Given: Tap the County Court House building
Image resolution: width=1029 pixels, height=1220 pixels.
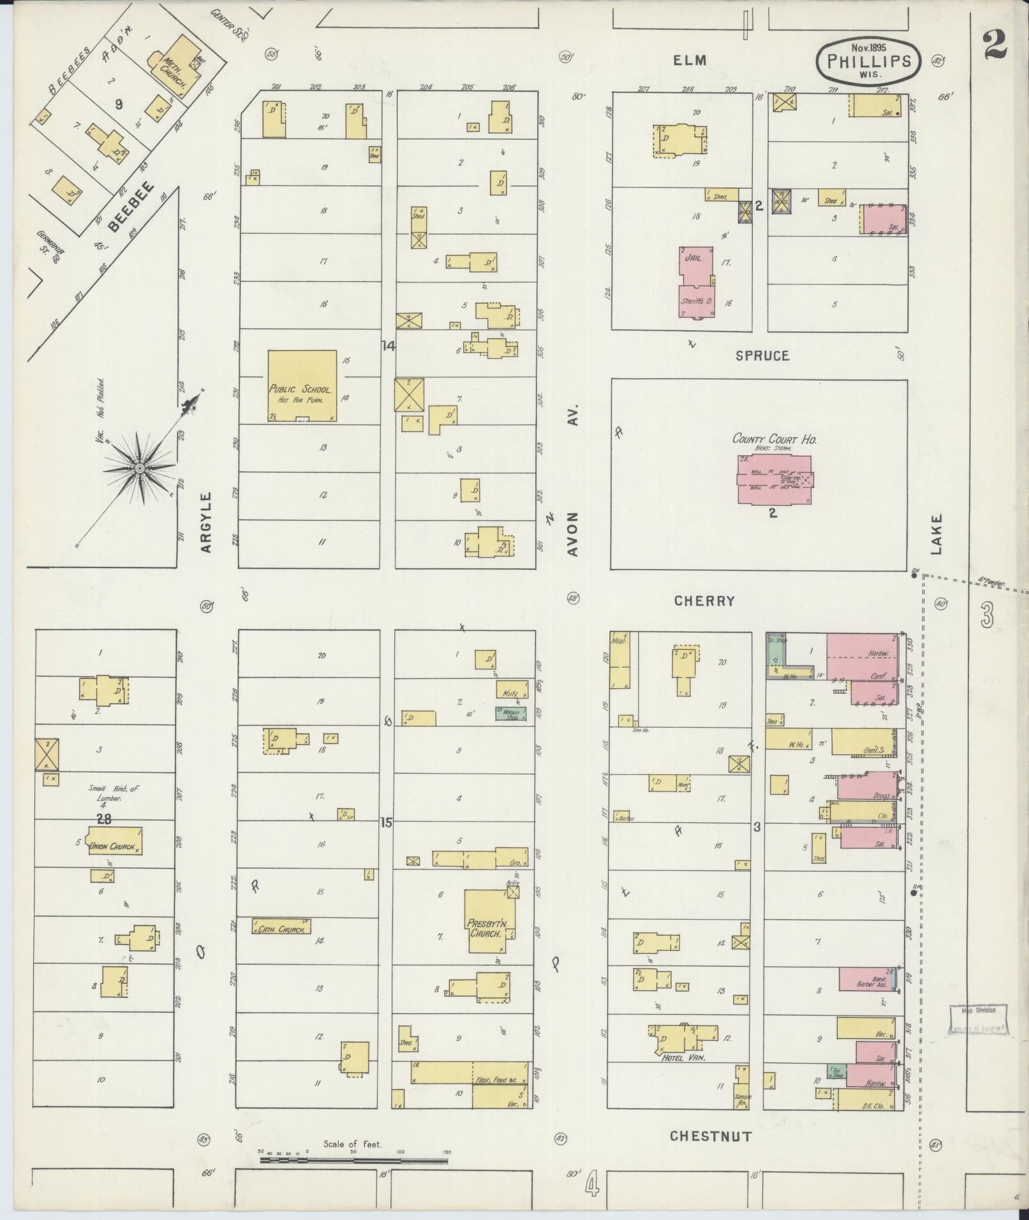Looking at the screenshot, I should tap(774, 478).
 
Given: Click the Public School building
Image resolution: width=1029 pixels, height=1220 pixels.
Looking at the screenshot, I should tap(302, 385).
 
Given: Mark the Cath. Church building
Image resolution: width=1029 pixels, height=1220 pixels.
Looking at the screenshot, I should tap(281, 927).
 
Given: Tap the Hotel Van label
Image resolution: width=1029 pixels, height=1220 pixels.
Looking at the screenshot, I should tap(678, 1056).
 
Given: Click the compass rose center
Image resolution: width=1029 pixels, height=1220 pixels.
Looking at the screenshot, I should tap(138, 469).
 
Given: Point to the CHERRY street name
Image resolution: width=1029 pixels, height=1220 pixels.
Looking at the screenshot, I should tap(704, 601).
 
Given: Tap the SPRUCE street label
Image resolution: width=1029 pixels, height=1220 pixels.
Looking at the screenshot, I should tap(762, 356).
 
